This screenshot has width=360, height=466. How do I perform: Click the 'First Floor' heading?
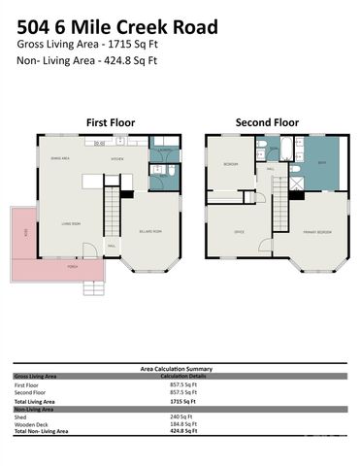coord(110,123)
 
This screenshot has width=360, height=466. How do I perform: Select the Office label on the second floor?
coord(239,233)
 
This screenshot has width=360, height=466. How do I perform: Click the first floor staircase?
coord(112,208)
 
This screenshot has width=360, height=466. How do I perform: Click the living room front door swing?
coord(89,251)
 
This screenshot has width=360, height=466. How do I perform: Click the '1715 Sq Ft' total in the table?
coord(182,401)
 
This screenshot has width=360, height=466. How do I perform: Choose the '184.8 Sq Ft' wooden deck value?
coord(182,423)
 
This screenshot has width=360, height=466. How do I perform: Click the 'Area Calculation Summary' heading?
coord(180,369)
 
